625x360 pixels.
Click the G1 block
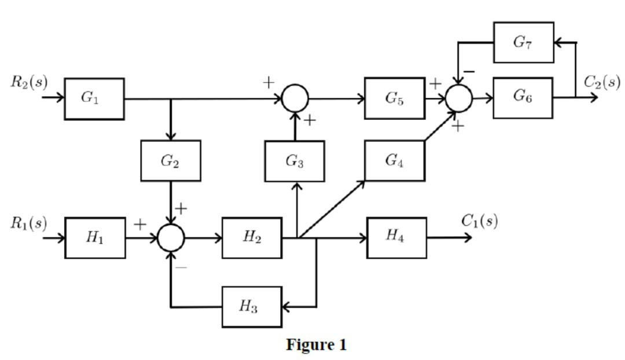tap(94, 99)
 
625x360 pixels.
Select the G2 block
tap(171, 161)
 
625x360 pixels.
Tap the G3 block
tap(295, 161)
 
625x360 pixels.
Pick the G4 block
tap(395, 160)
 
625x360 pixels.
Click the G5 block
tap(395, 98)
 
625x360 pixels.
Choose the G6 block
tap(523, 97)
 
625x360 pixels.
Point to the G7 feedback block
tap(523, 42)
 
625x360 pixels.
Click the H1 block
tap(95, 238)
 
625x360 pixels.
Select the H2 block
tap(252, 238)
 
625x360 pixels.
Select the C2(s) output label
tap(602, 82)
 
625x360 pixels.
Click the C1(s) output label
tap(479, 221)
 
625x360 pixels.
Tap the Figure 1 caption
tap(317, 346)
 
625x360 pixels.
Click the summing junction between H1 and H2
tap(171, 238)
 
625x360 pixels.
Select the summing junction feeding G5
tap(295, 98)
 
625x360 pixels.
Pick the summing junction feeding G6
tap(459, 98)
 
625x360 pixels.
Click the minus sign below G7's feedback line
tap(469, 72)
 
